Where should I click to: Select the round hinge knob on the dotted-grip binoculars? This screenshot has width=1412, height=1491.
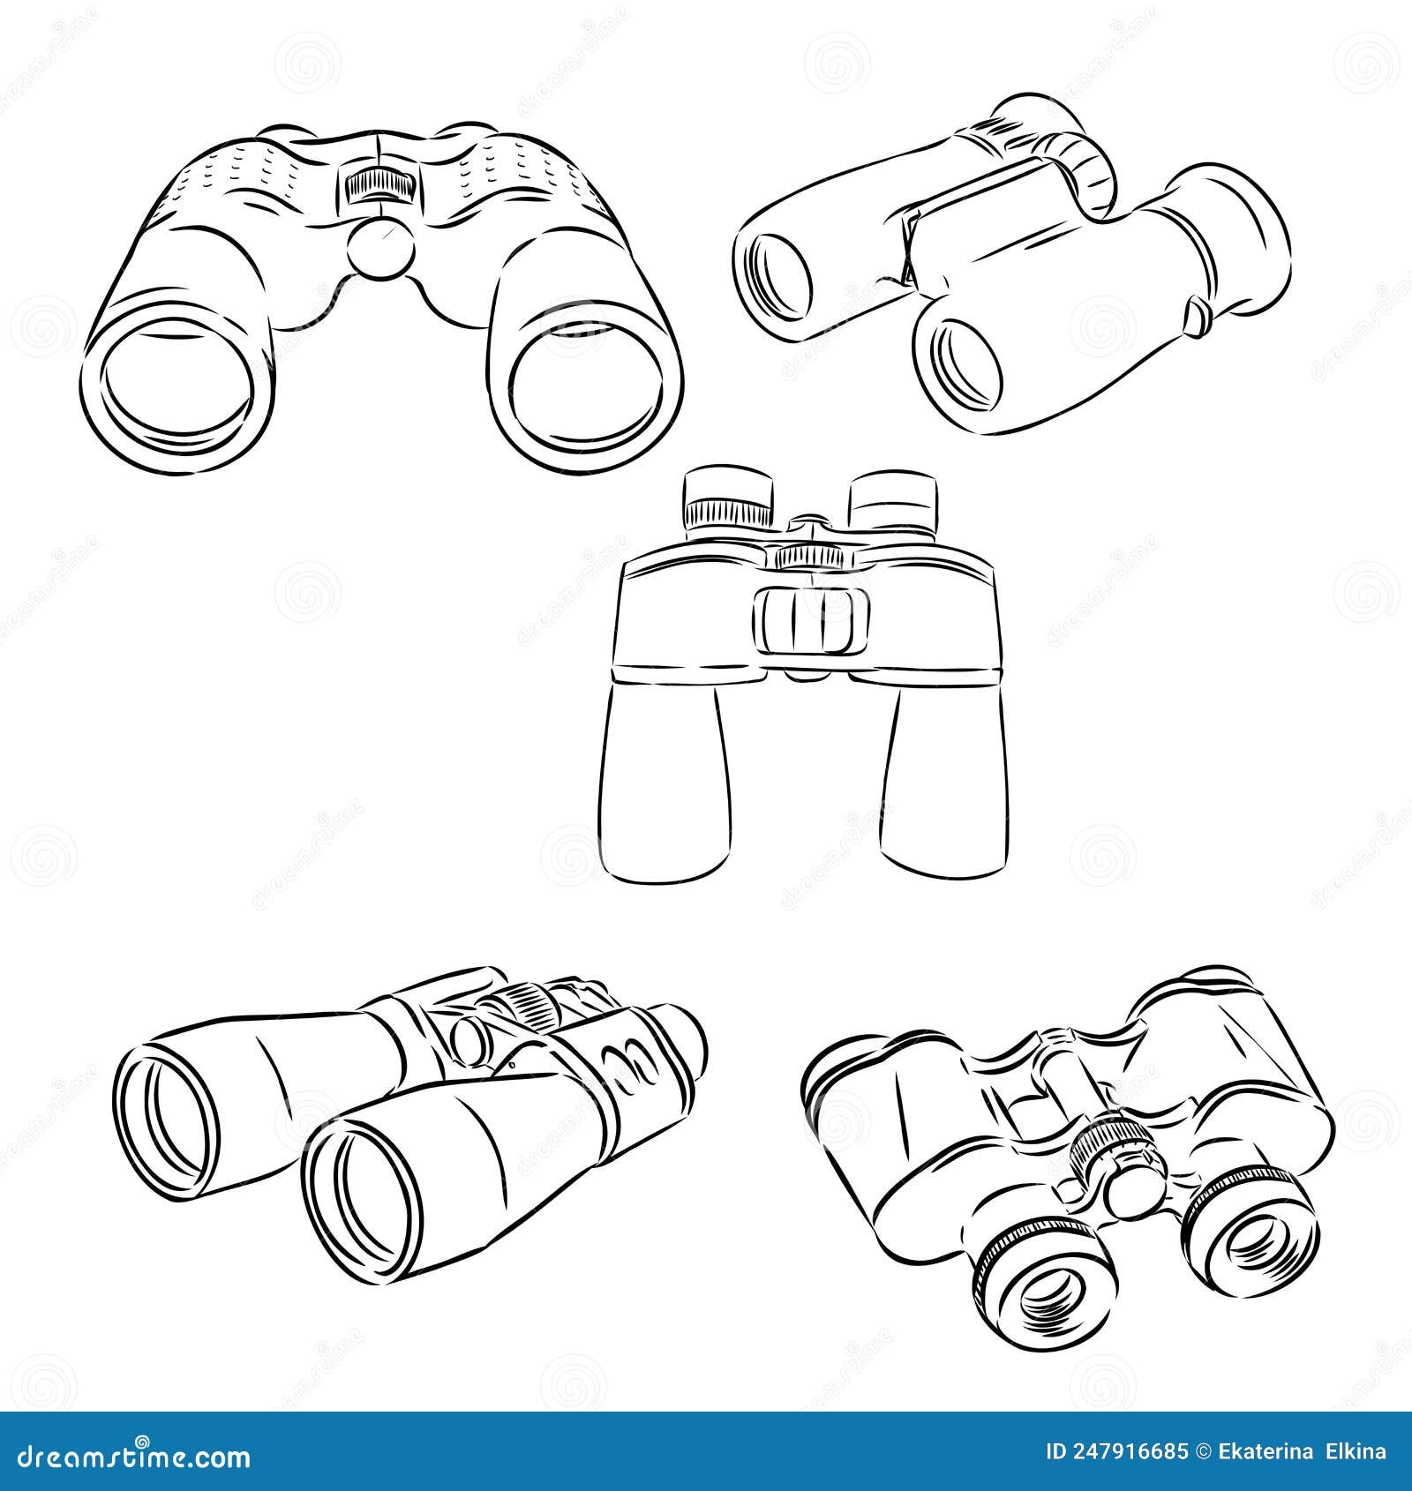(x=380, y=248)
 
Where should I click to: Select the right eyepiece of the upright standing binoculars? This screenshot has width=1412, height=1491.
(x=892, y=503)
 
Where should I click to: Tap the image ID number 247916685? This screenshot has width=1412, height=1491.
(x=1116, y=1451)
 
